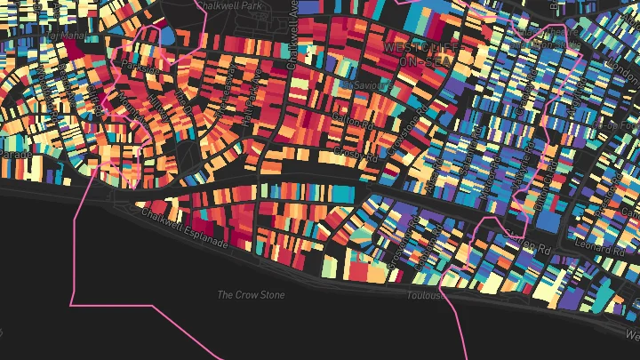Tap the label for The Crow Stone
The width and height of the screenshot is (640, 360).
(x=251, y=294)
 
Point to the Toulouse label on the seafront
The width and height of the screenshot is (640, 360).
(x=427, y=296)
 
